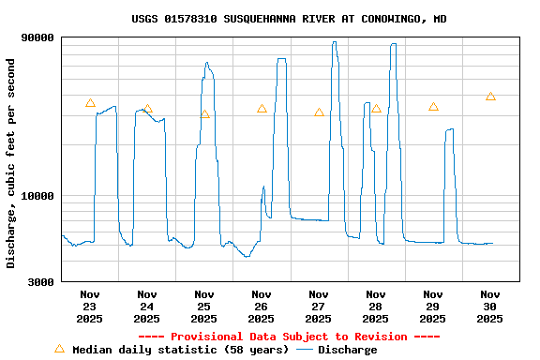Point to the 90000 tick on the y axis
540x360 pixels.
[37, 37]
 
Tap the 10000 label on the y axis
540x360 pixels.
[37, 196]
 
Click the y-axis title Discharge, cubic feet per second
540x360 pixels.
[11, 163]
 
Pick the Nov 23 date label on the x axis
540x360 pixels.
[90, 307]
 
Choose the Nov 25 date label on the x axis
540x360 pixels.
[204, 307]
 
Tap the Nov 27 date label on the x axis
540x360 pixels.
[319, 307]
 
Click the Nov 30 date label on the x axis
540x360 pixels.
[490, 307]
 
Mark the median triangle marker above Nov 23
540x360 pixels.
[90, 103]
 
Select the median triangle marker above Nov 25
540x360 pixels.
[204, 114]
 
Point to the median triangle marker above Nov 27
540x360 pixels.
[319, 112]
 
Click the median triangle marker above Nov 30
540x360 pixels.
[490, 97]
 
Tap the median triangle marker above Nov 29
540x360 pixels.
[433, 107]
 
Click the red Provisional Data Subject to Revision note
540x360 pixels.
[289, 337]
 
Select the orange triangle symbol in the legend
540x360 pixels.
[59, 349]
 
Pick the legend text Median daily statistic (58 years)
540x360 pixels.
[180, 350]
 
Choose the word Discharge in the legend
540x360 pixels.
[347, 350]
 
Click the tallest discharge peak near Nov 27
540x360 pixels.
[334, 42]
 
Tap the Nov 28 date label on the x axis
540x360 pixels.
[376, 307]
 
